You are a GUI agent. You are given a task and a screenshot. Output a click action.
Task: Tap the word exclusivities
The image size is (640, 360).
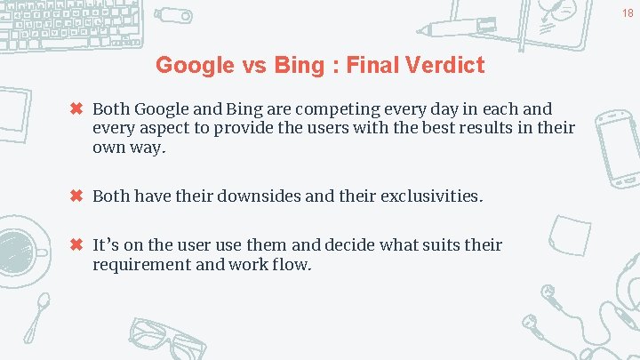pyautogui.click(x=431, y=196)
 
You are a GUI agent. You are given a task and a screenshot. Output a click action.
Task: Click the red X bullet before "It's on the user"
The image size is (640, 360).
pyautogui.click(x=76, y=244)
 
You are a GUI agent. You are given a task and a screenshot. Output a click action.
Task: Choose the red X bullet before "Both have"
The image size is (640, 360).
pyautogui.click(x=76, y=196)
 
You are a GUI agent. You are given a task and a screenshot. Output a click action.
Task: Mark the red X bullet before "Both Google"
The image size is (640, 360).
pyautogui.click(x=76, y=109)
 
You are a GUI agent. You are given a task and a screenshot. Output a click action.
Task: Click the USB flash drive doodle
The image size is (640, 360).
pyautogui.click(x=173, y=15)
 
